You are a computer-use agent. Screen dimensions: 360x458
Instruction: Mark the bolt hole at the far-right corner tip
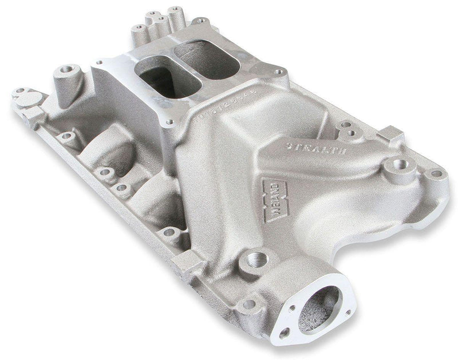(437, 173)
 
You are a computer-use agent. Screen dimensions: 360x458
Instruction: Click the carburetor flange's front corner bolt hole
(169, 122)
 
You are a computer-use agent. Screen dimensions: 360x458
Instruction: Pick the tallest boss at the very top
(176, 11)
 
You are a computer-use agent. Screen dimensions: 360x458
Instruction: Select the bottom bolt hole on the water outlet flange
(284, 331)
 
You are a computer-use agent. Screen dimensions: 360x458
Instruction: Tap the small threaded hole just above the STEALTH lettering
(350, 132)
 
